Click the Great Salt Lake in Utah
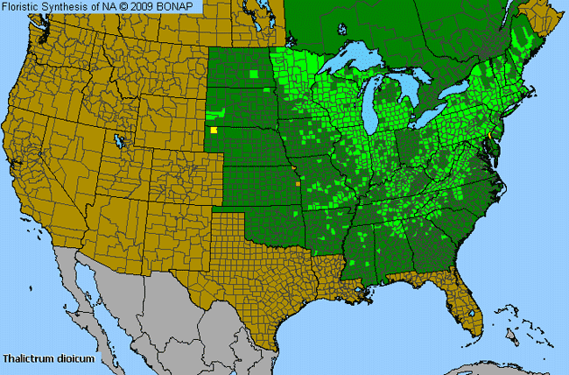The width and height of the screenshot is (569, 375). coord(118,140)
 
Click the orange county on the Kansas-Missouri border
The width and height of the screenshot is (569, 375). coord(299,184)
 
